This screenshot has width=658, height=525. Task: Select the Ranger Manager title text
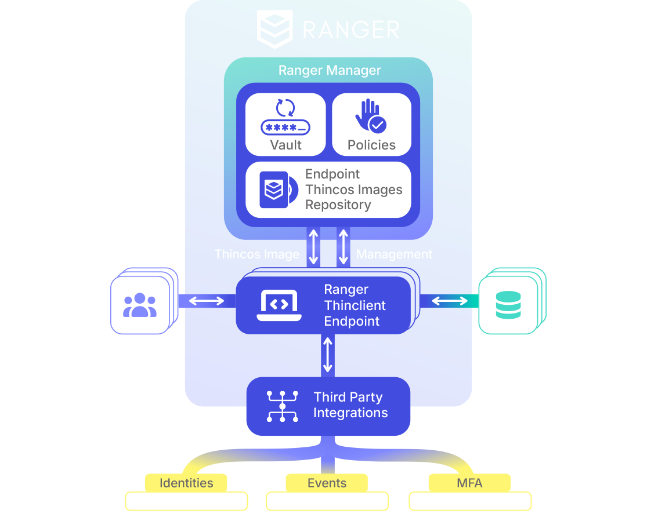tap(330, 71)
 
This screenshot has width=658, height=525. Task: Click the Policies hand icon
tap(370, 116)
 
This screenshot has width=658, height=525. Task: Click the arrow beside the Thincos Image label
tap(314, 247)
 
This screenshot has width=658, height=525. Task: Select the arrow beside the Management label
tap(344, 247)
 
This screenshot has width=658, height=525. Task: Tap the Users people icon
tap(140, 305)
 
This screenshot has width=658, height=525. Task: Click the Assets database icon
tap(508, 305)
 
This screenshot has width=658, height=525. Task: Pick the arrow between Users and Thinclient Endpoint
tap(207, 301)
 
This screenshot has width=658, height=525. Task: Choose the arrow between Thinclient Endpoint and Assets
tap(450, 301)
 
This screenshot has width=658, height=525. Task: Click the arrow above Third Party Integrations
tap(328, 355)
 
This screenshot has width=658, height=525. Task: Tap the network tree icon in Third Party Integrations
tap(282, 406)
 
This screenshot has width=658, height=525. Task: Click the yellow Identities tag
tap(186, 483)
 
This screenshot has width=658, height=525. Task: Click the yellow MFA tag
tap(469, 483)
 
